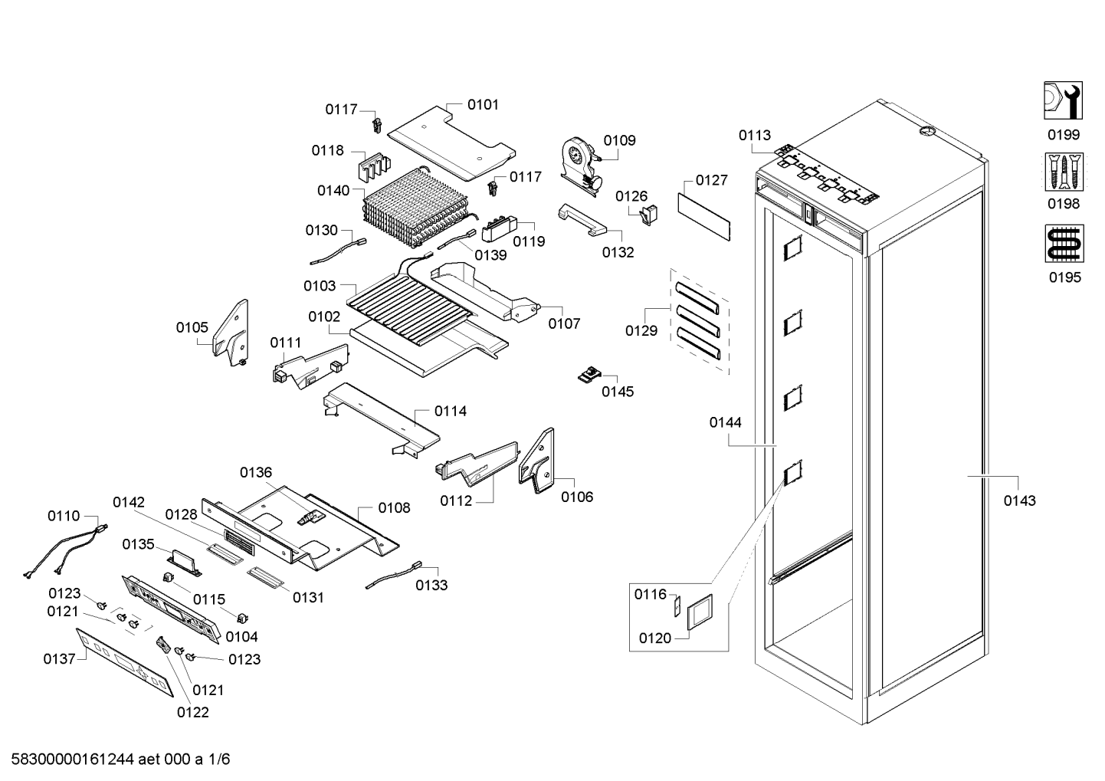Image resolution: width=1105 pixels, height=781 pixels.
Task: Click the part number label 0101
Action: (483, 104)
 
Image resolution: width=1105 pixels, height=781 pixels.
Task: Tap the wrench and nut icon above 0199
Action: (1064, 100)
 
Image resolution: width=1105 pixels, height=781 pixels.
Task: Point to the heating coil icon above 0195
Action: (1064, 244)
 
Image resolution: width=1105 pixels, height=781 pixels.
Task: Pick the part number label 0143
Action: (1020, 500)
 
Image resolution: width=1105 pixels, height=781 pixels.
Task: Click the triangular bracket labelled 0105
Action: (231, 333)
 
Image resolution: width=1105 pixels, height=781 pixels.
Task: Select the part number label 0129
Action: (641, 330)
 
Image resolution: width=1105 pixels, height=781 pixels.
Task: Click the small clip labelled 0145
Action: (588, 375)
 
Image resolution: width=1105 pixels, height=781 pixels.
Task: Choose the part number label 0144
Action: (725, 422)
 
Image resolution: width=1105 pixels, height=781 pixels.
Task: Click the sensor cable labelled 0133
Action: (393, 576)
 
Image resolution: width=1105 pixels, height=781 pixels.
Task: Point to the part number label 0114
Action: (451, 412)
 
